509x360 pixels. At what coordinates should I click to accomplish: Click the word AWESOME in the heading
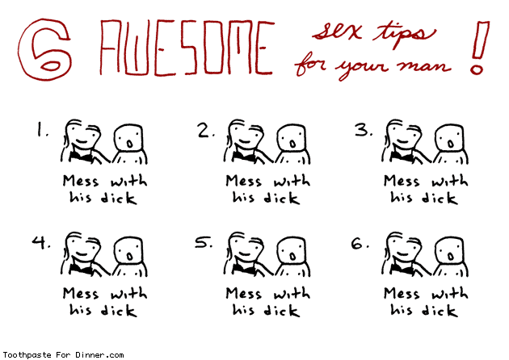pyautogui.click(x=187, y=48)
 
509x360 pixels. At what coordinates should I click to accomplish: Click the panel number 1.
pyautogui.click(x=41, y=129)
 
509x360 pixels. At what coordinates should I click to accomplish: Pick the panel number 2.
pyautogui.click(x=205, y=131)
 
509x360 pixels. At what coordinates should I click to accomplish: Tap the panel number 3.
pyautogui.click(x=363, y=130)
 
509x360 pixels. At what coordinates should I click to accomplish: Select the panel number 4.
pyautogui.click(x=41, y=243)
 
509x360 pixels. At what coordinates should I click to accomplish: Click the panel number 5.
pyautogui.click(x=204, y=243)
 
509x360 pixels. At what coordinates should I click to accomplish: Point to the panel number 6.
pyautogui.click(x=360, y=243)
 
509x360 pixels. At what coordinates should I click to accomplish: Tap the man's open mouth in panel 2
pyautogui.click(x=292, y=144)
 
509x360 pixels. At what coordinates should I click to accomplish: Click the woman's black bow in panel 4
pyautogui.click(x=80, y=268)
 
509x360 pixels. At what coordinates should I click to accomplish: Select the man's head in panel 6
pyautogui.click(x=449, y=251)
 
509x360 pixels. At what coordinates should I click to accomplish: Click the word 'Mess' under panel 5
pyautogui.click(x=243, y=294)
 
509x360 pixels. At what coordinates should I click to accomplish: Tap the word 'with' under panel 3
pyautogui.click(x=450, y=180)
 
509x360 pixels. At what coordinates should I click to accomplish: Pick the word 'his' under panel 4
pyautogui.click(x=80, y=309)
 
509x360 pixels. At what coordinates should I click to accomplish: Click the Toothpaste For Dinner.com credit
pyautogui.click(x=63, y=355)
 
